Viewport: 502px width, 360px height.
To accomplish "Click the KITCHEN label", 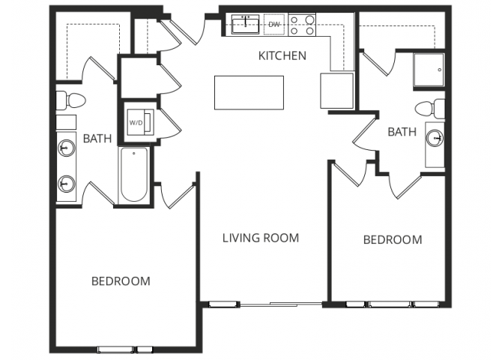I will (282, 55).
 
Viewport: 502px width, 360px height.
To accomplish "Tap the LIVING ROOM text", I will (261, 238).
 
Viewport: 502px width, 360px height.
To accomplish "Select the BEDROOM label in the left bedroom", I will (121, 281).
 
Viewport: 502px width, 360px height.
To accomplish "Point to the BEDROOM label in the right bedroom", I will (392, 240).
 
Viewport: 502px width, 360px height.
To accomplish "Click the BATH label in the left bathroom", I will (97, 138).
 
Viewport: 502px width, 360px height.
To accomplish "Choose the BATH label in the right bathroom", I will (402, 132).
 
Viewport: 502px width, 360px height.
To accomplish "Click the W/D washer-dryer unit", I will (139, 121).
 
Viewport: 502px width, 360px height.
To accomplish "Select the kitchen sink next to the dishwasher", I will (245, 24).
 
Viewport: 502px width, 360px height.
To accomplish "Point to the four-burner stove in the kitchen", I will (302, 25).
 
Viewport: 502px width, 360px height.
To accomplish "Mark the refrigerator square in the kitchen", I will (336, 91).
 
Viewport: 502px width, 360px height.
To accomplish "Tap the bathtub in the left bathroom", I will (134, 175).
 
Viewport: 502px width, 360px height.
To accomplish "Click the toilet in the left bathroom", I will (69, 100).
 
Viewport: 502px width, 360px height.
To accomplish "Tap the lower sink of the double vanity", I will (67, 182).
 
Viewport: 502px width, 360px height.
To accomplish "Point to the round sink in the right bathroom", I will (435, 138).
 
